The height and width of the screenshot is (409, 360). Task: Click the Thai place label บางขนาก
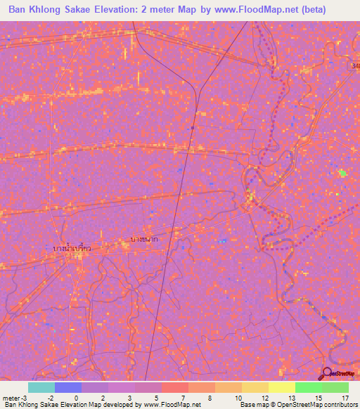click(143, 239)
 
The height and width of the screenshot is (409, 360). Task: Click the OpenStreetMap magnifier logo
click(327, 374)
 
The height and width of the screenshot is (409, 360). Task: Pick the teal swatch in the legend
click(41, 387)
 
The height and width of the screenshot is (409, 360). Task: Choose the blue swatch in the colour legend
click(68, 387)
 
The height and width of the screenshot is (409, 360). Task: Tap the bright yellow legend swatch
click(282, 387)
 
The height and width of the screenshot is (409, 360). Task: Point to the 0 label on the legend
click(77, 398)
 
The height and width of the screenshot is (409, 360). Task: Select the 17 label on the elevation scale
click(345, 398)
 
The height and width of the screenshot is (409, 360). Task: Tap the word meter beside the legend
click(11, 398)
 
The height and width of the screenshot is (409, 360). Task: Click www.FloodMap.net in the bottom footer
click(172, 405)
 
